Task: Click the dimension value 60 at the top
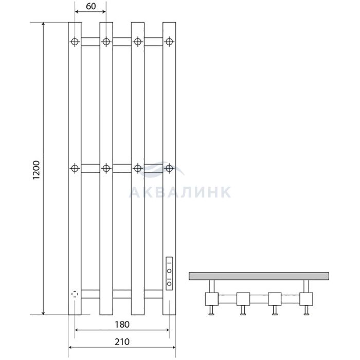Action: coord(91,6)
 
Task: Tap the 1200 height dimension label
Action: coord(37,170)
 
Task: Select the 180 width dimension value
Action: coord(122,325)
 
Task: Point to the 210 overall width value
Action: coord(122,342)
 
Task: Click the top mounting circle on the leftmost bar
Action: coord(75,42)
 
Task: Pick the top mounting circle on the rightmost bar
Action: coord(169,42)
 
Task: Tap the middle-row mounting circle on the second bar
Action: coord(106,168)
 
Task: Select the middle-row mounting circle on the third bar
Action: coord(137,168)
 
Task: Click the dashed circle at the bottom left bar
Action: coord(75,294)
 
